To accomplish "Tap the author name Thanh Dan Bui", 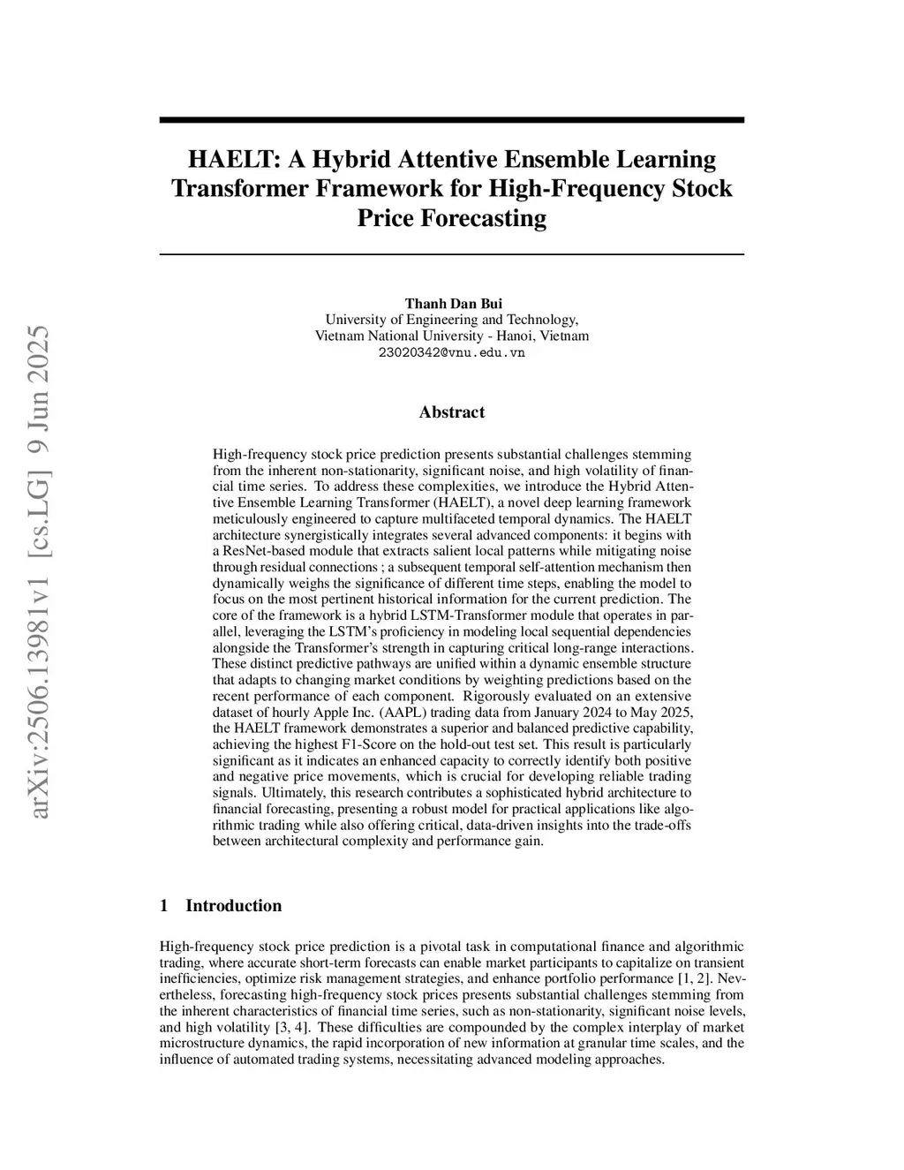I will [x=453, y=304].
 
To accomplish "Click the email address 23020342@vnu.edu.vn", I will [x=451, y=352].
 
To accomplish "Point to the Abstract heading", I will [x=451, y=412].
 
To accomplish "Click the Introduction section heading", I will [x=233, y=906].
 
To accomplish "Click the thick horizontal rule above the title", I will [x=451, y=120].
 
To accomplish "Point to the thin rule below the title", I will [x=451, y=255].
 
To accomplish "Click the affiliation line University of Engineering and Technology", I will [x=451, y=320].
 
